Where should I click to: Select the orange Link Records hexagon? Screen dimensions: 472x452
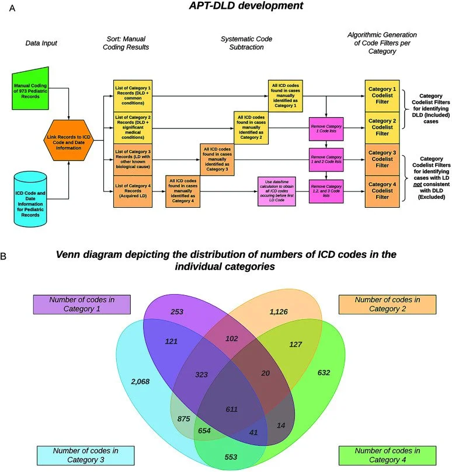pos(69,140)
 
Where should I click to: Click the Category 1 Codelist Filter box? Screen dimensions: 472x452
pos(383,92)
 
